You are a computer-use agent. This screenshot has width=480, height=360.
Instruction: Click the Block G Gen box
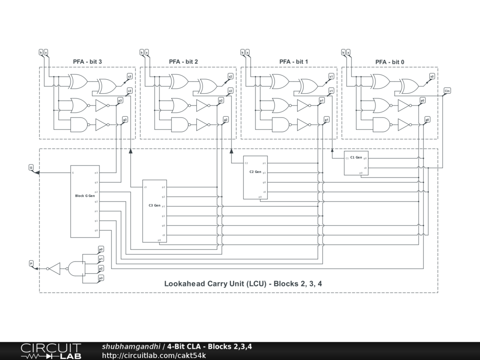[85, 202]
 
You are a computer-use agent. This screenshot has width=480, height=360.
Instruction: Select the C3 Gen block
[155, 211]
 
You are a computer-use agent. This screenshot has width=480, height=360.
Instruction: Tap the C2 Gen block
[255, 177]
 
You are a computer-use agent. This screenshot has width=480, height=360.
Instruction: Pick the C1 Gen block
[356, 163]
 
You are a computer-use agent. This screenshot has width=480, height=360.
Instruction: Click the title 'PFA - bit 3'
[87, 61]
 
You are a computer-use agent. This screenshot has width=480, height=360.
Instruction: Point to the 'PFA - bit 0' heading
[390, 62]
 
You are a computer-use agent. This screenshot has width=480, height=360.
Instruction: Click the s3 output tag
[130, 76]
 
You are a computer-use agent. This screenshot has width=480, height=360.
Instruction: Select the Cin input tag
[447, 90]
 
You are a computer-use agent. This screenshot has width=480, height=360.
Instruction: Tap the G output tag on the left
[31, 167]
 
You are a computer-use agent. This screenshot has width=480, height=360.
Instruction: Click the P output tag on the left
[31, 263]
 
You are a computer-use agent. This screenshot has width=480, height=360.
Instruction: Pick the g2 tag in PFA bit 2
[225, 120]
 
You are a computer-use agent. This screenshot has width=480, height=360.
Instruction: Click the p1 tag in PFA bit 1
[322, 100]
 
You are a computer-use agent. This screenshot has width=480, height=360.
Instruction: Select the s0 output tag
[432, 76]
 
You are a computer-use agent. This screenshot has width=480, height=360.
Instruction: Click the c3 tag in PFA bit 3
[130, 90]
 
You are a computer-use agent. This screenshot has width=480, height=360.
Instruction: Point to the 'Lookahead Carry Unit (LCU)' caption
[243, 284]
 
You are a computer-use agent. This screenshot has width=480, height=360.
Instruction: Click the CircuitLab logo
[51, 351]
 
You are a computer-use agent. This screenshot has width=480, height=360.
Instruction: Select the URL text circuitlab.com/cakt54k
[154, 355]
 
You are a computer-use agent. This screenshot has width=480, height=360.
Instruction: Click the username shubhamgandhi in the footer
[132, 346]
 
